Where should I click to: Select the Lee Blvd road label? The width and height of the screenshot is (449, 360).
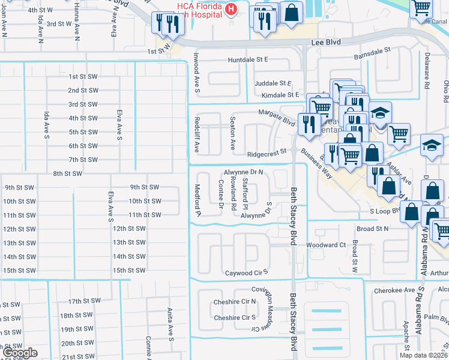click(325, 43)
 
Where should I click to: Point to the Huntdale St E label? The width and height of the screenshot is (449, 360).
click(247, 60)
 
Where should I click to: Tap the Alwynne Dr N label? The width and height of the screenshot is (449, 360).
click(244, 172)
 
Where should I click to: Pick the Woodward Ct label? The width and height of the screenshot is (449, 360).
click(326, 245)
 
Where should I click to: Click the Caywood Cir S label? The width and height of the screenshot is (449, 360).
click(246, 272)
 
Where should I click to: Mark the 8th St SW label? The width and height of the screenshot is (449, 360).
click(67, 173)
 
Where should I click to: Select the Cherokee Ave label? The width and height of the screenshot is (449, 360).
click(400, 290)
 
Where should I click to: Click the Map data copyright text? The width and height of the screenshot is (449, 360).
click(423, 355)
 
